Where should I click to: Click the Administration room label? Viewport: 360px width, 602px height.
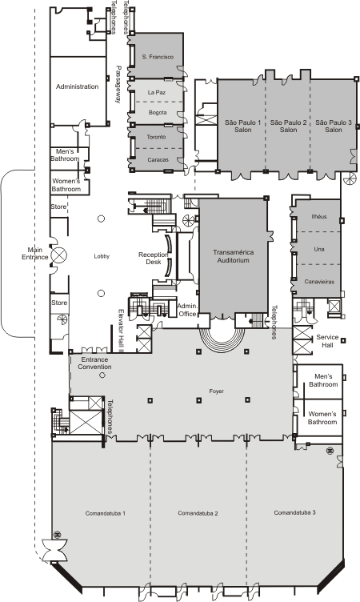pos(77,86)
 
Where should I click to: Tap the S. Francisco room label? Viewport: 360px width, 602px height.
pos(158,57)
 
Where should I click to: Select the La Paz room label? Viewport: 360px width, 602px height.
pos(157,93)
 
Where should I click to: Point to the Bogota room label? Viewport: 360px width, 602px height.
pos(158,113)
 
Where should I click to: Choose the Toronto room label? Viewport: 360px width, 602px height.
pos(156,137)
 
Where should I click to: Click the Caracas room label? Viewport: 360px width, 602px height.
pos(158,160)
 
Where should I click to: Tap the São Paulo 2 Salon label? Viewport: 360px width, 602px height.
pos(288,126)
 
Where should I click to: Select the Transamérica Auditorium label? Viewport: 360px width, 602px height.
pos(234,256)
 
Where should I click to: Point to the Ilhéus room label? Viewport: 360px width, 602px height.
pos(319,216)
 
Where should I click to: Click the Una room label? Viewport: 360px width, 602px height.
pos(319,249)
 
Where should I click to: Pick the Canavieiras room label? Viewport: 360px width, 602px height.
pos(319,282)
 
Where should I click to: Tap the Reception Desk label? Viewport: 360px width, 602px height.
pos(154,259)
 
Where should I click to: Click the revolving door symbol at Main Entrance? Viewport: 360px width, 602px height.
pos(59,255)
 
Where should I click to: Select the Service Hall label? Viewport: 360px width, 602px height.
pos(327,341)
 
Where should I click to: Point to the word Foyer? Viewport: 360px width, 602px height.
pos(217,391)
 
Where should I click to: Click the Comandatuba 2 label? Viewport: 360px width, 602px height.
pos(198,513)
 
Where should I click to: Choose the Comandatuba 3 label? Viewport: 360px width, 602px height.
pos(294,512)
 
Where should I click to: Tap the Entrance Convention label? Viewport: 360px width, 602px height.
pos(94,363)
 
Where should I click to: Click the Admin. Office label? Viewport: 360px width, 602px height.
pos(188,310)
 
